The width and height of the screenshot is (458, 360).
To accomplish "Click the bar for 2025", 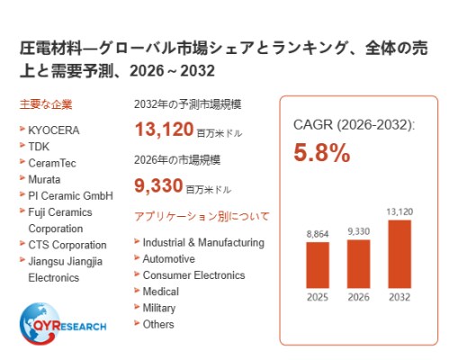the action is [x=318, y=265].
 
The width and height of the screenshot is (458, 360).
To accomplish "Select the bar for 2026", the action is [x=358, y=264].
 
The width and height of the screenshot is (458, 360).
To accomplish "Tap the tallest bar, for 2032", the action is [x=400, y=254].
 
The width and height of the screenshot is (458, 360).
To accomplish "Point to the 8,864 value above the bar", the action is [x=318, y=234].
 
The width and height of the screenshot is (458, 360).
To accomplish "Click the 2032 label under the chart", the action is [x=400, y=297].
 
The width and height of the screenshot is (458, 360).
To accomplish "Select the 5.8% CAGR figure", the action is [x=322, y=153].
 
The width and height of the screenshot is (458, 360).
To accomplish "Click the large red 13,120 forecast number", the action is [x=164, y=130].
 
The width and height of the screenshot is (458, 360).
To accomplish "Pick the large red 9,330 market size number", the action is [x=158, y=185].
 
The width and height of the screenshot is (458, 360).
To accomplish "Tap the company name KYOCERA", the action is [x=54, y=130].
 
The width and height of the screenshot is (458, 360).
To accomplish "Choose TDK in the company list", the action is [x=39, y=147].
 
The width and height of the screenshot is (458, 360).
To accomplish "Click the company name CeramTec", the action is [x=52, y=163].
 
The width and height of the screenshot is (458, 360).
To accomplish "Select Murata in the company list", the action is [x=44, y=179].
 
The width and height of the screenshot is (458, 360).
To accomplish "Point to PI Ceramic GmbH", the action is [x=71, y=196].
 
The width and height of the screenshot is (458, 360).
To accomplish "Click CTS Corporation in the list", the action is [x=67, y=245].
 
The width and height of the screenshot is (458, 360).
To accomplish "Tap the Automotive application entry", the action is [x=169, y=259].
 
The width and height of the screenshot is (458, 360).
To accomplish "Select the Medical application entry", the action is [x=161, y=292].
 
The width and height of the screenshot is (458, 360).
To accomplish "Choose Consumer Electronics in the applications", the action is [x=193, y=275].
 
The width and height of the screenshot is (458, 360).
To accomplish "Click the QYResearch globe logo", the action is [x=39, y=323].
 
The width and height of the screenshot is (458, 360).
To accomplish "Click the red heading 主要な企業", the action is [x=46, y=104].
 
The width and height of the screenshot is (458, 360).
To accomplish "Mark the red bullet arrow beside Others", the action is [x=137, y=323].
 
